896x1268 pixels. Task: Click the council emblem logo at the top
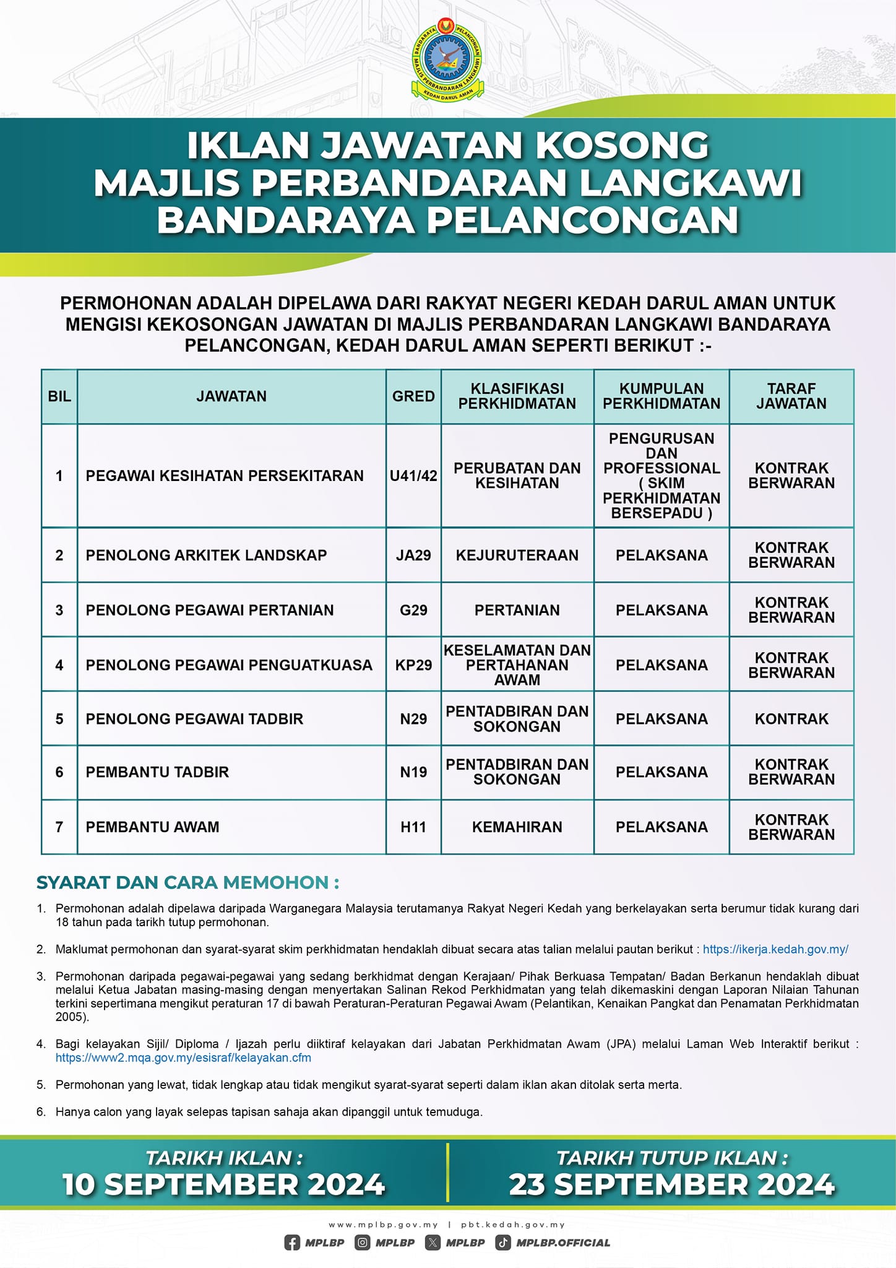click(x=447, y=60)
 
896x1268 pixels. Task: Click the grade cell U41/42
click(x=413, y=475)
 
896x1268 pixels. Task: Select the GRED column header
click(x=413, y=396)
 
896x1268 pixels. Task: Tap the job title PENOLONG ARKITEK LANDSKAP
click(x=206, y=555)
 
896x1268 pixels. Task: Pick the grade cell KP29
click(x=413, y=665)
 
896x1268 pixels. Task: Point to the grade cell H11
click(x=413, y=827)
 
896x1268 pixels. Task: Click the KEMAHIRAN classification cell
click(x=517, y=827)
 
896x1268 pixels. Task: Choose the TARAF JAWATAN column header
click(x=791, y=396)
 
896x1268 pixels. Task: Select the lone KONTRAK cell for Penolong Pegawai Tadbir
click(x=791, y=719)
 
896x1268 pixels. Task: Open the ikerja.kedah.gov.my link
click(x=775, y=949)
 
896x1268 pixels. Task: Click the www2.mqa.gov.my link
click(x=183, y=1057)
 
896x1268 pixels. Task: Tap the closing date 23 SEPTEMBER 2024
click(x=672, y=1184)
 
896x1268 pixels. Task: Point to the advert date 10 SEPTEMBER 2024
click(x=224, y=1184)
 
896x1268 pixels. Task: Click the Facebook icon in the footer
click(x=292, y=1242)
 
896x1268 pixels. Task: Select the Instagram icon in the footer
click(x=363, y=1242)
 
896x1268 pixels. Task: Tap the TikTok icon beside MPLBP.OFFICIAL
click(x=503, y=1242)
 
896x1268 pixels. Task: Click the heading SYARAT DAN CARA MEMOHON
click(x=187, y=882)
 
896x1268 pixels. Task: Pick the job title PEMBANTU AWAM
click(x=152, y=827)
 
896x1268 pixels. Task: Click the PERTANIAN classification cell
click(x=517, y=610)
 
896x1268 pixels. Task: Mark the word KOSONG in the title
click(x=622, y=145)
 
